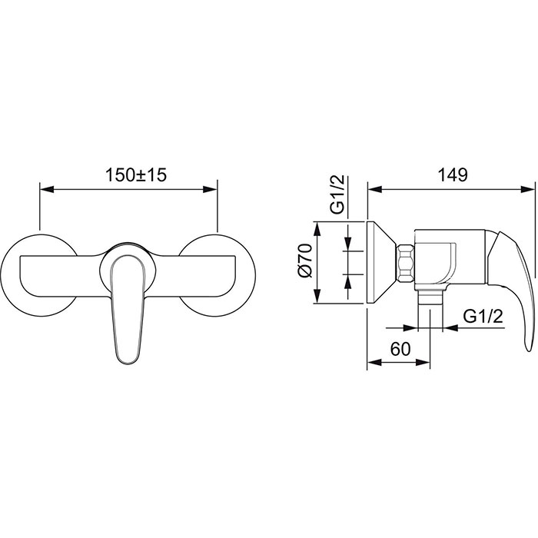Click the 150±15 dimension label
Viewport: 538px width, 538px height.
click(x=136, y=175)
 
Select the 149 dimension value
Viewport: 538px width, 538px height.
click(x=452, y=175)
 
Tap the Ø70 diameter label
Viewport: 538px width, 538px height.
click(x=305, y=261)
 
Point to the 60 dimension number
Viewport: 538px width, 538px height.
click(x=400, y=349)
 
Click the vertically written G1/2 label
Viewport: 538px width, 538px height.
click(x=337, y=195)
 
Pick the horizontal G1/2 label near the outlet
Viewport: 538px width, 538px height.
click(x=483, y=316)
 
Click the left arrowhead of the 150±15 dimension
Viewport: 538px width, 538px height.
click(x=47, y=189)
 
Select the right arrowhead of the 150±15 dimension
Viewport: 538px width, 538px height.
click(x=210, y=189)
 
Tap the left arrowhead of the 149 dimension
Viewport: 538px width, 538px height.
click(x=375, y=189)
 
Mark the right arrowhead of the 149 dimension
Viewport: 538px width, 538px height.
click(x=527, y=189)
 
